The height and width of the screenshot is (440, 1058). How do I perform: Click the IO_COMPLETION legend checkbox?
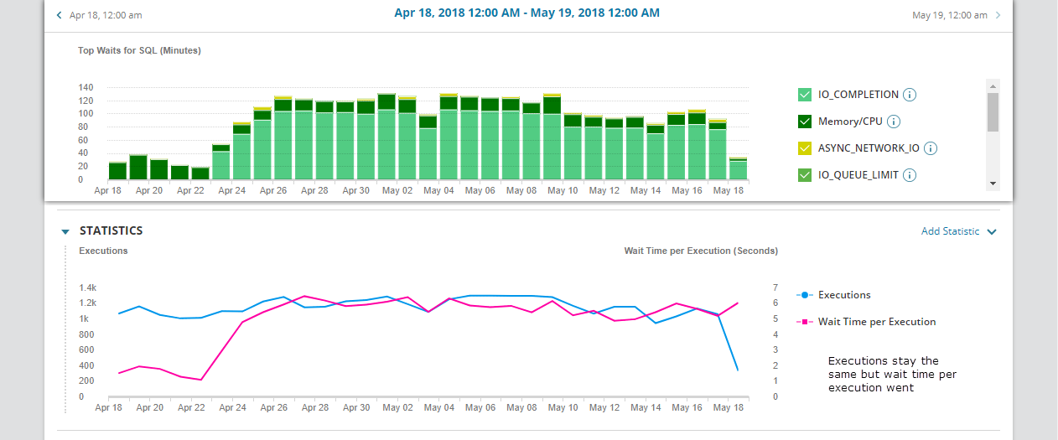pyautogui.click(x=805, y=95)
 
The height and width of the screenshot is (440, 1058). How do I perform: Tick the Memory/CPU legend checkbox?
pyautogui.click(x=805, y=122)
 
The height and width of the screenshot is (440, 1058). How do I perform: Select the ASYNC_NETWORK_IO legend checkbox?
pyautogui.click(x=805, y=148)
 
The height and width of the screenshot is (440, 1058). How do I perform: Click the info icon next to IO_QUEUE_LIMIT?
pyautogui.click(x=910, y=175)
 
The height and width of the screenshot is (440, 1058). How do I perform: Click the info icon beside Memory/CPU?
pyautogui.click(x=894, y=122)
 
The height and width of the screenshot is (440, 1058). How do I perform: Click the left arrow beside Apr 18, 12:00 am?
pyautogui.click(x=59, y=15)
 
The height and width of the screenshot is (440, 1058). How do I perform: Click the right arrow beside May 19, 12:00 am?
pyautogui.click(x=998, y=15)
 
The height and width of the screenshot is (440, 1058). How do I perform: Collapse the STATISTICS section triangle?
pyautogui.click(x=65, y=231)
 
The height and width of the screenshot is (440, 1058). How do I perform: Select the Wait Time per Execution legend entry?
pyautogui.click(x=876, y=322)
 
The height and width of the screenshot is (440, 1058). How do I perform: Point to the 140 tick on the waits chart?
pyautogui.click(x=86, y=88)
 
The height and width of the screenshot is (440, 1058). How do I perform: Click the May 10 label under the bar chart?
pyautogui.click(x=562, y=191)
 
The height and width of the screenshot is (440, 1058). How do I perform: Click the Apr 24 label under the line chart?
pyautogui.click(x=232, y=408)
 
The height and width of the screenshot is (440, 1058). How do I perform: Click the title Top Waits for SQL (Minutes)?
pyautogui.click(x=139, y=50)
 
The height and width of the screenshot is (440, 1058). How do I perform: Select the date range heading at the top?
pyautogui.click(x=526, y=13)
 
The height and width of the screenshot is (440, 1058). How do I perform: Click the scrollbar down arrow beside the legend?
pyautogui.click(x=993, y=184)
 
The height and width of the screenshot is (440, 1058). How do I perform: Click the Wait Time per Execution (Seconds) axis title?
pyautogui.click(x=701, y=251)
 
